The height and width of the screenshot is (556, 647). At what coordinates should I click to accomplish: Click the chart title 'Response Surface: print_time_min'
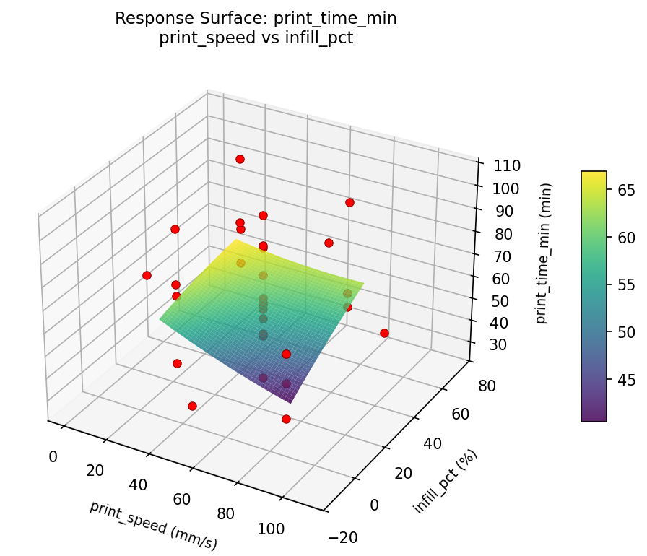point(256,19)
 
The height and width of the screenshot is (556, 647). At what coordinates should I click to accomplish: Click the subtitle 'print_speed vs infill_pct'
point(256,38)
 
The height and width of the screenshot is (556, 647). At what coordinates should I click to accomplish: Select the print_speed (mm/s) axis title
point(153,525)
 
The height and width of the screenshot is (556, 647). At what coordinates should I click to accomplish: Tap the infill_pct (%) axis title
point(446,482)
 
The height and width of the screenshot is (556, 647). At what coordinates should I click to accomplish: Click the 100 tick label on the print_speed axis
point(272,529)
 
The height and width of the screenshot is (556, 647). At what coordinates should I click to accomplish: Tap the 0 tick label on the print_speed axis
point(53,456)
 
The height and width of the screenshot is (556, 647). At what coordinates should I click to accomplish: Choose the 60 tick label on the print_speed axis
point(182,500)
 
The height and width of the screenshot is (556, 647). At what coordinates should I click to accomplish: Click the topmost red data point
point(240,159)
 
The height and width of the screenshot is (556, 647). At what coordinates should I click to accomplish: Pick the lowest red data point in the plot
point(286,419)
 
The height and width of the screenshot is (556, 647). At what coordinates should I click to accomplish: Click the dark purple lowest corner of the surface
point(292,401)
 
